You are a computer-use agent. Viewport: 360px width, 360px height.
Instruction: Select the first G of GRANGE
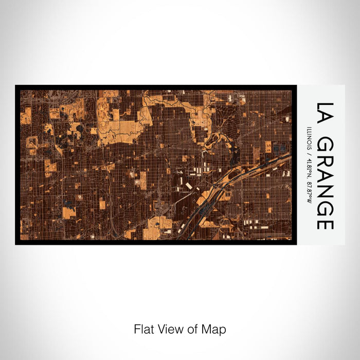(326, 146)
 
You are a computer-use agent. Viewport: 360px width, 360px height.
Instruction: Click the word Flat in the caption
(142, 329)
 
